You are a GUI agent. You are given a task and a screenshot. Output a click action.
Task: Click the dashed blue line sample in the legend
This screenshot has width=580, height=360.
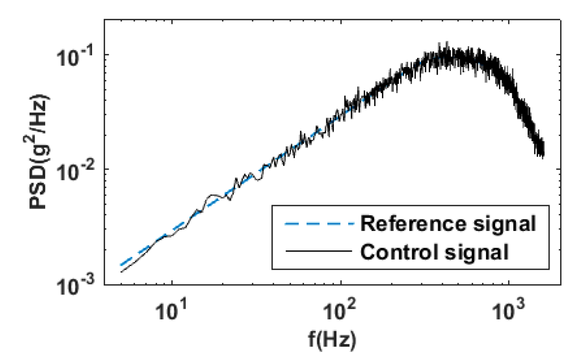click(x=315, y=224)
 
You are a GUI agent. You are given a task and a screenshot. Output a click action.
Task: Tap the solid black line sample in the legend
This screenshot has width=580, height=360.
click(x=315, y=251)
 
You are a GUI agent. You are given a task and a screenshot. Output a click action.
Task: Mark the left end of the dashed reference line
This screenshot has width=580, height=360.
click(x=121, y=265)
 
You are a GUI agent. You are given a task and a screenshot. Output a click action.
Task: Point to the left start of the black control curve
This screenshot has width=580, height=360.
click(x=121, y=272)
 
